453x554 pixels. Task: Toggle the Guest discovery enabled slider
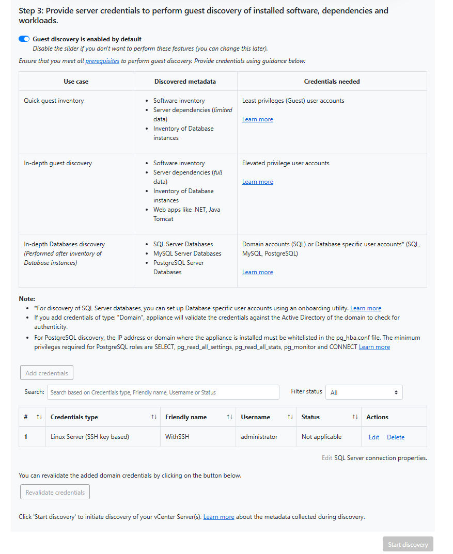tap(24, 39)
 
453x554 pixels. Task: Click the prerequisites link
tap(102, 61)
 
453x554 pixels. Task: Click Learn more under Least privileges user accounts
tap(257, 119)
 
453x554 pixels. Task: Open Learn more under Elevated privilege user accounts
tap(257, 182)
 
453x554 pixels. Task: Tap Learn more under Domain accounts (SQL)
tap(257, 272)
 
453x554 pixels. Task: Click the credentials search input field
tap(163, 392)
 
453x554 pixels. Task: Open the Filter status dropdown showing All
tap(364, 392)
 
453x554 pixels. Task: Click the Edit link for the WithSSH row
tap(374, 437)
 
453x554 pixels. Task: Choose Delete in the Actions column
tap(396, 437)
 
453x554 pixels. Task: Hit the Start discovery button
tap(408, 544)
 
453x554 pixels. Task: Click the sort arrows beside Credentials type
tap(154, 417)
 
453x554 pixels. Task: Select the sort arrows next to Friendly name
tap(230, 417)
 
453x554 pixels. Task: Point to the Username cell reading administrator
tap(259, 437)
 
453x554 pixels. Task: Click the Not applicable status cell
tap(321, 437)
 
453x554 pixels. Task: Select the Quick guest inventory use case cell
tap(54, 101)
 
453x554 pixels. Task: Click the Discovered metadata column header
tap(185, 82)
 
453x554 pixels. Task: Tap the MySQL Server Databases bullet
tap(187, 254)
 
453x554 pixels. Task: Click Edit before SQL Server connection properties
tap(327, 458)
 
